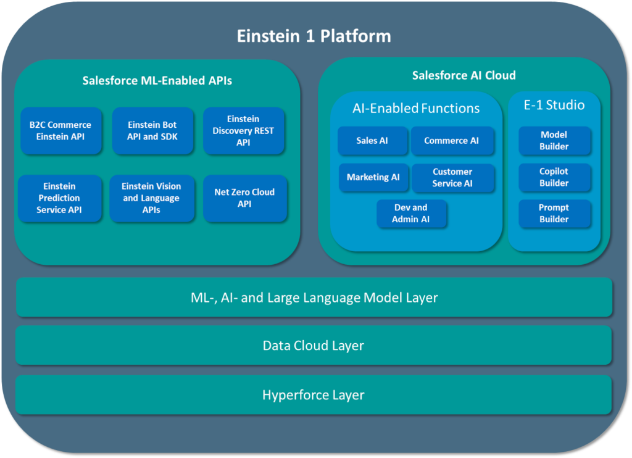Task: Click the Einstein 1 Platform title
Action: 314,36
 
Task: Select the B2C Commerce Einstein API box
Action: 60,131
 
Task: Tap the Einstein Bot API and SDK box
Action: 152,131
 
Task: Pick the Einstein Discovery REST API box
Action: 243,131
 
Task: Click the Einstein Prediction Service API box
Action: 59,198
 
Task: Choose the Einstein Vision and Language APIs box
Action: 151,198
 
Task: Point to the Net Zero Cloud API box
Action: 244,198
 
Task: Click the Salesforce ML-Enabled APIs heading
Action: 157,80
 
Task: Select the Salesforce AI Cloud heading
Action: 464,75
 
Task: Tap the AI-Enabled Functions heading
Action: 416,108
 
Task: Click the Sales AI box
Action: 372,141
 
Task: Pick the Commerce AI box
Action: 452,141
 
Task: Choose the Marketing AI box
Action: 373,177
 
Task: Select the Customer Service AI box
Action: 452,178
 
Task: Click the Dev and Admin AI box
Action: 411,214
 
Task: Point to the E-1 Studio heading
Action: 554,105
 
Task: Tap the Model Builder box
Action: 554,141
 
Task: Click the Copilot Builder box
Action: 554,177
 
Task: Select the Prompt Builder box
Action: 554,214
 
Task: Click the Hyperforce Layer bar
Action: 314,395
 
